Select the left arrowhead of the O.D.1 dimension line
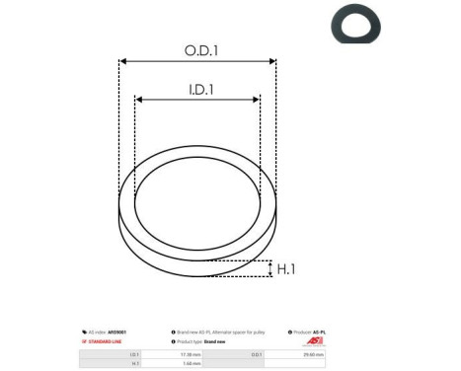coord(122,61)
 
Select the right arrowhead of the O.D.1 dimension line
coord(273,61)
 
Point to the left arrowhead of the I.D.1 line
coord(138,100)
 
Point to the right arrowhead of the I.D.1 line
coord(258,100)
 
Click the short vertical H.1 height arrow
coord(269,268)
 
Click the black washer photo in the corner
coord(356,26)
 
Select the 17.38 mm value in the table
coord(192,353)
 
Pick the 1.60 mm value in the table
coord(192,363)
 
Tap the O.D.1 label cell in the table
coord(257,353)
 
